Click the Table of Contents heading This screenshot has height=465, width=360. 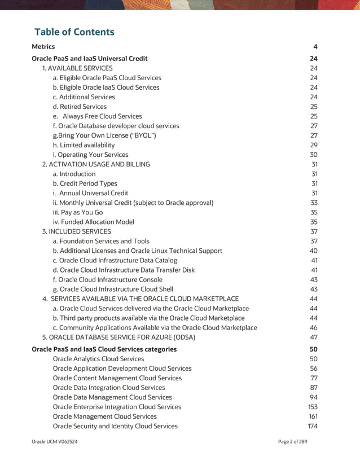pos(74,32)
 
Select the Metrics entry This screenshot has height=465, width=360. pos(43,46)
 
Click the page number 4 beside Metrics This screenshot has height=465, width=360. pos(315,46)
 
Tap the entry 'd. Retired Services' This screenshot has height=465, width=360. pos(80,107)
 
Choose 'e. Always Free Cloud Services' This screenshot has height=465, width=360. pos(97,116)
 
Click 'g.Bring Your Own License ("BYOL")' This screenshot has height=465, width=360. pos(104,135)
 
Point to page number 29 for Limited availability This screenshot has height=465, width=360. pos(314,145)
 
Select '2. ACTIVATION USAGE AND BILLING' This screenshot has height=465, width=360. pos(96,164)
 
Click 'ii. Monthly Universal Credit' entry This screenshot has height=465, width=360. pos(133,203)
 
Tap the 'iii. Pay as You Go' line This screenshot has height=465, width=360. pos(78,212)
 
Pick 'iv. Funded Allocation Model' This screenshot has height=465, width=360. pos(93,222)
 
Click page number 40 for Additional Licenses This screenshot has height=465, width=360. pos(314,251)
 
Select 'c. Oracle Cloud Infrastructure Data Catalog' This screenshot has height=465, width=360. pos(115,260)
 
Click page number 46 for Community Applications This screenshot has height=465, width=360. pos(314,327)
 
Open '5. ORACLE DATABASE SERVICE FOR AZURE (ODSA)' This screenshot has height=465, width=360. pos(119,337)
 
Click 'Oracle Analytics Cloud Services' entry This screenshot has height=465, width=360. pos(98,359)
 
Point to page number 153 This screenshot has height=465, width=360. pos(313,407)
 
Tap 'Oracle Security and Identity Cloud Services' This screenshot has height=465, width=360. pos(115,426)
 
